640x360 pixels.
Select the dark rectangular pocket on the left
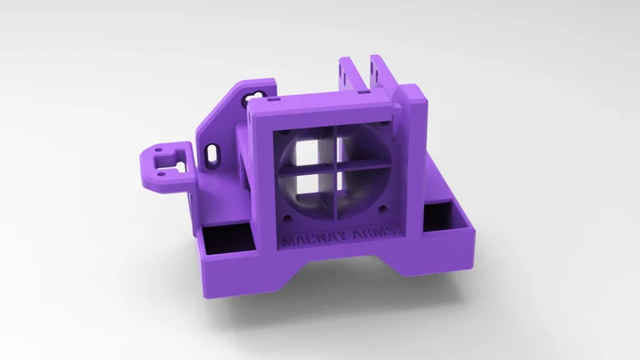click(226, 240)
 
